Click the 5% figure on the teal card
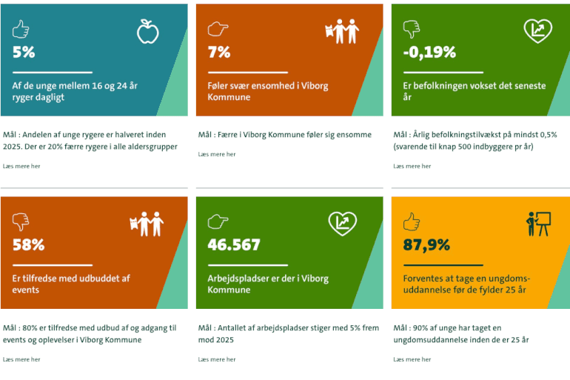pyautogui.click(x=24, y=53)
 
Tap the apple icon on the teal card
pyautogui.click(x=148, y=31)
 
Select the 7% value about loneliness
pyautogui.click(x=218, y=53)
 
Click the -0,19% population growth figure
pyautogui.click(x=429, y=53)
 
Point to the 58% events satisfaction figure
pyautogui.click(x=28, y=245)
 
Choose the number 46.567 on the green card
pyautogui.click(x=234, y=245)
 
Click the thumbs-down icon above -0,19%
pyautogui.click(x=411, y=30)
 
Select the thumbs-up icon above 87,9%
pyautogui.click(x=412, y=221)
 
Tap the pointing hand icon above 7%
pyautogui.click(x=217, y=30)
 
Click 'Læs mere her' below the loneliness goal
pyautogui.click(x=217, y=154)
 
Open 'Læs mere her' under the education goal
pyautogui.click(x=412, y=359)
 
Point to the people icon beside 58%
pyautogui.click(x=147, y=224)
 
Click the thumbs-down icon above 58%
pyautogui.click(x=21, y=222)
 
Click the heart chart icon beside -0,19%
pyautogui.click(x=537, y=31)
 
